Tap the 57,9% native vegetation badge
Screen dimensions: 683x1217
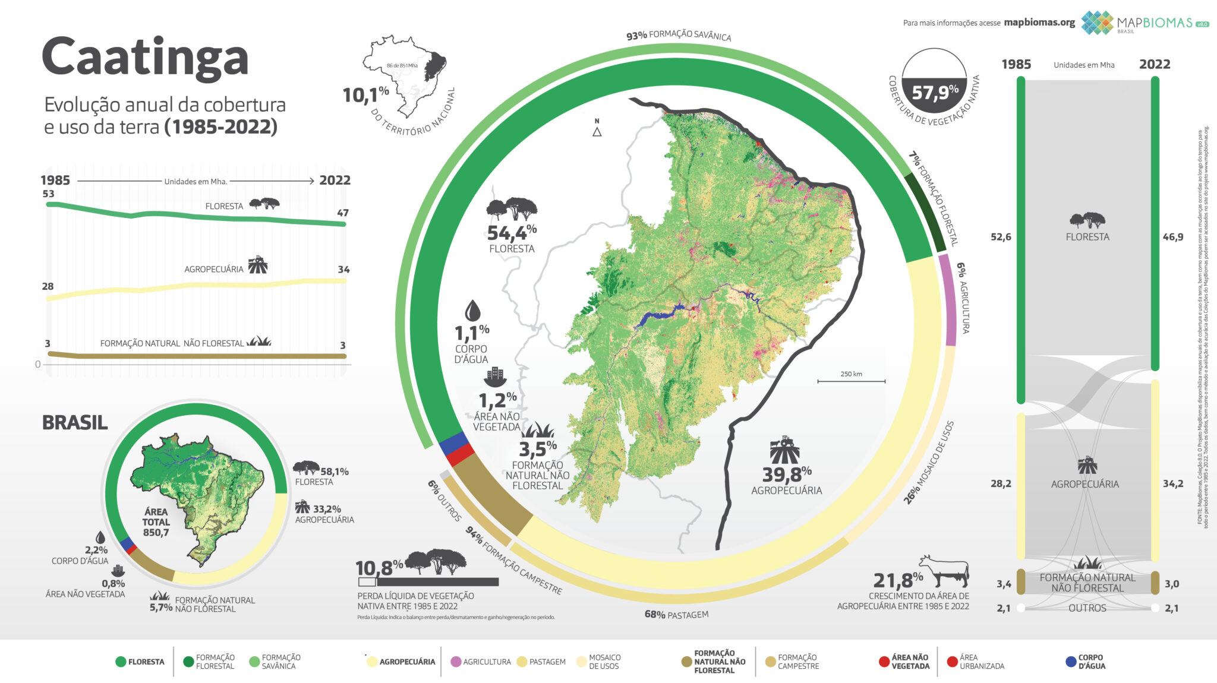coord(934,92)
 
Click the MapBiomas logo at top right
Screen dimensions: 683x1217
coord(1144,23)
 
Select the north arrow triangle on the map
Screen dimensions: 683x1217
coord(597,132)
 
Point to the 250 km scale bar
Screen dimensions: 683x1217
coord(851,381)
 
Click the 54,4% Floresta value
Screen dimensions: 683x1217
coord(511,233)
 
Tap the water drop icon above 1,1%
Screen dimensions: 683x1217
coord(472,310)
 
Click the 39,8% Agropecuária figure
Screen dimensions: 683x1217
coord(786,474)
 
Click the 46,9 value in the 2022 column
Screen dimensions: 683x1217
coord(1172,237)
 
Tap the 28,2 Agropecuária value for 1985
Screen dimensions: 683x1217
coord(1001,483)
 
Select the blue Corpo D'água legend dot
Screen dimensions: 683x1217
coord(1071,662)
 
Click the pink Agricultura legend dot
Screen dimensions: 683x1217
coord(456,662)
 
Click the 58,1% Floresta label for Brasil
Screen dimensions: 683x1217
coord(334,472)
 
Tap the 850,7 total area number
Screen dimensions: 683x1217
coord(156,533)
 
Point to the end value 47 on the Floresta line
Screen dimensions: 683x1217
coord(342,213)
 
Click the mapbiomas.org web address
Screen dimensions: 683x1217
coord(1039,23)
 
